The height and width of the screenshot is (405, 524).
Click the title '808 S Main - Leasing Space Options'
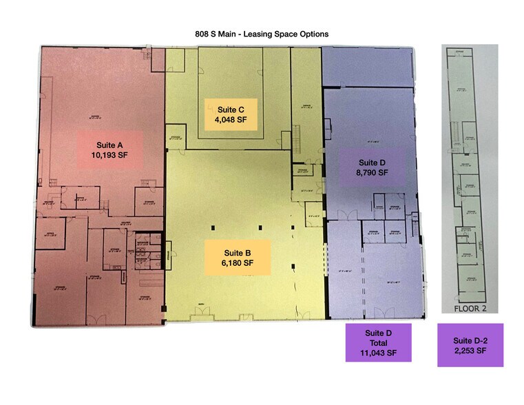[x=262, y=32]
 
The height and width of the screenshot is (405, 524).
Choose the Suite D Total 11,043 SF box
[x=378, y=342]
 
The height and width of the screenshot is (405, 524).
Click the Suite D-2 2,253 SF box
[x=470, y=345]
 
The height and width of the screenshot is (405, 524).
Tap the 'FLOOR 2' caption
[x=470, y=308]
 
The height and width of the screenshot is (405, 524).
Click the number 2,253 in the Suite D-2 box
[x=470, y=351]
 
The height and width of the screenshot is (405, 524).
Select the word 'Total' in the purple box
[x=378, y=342]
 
